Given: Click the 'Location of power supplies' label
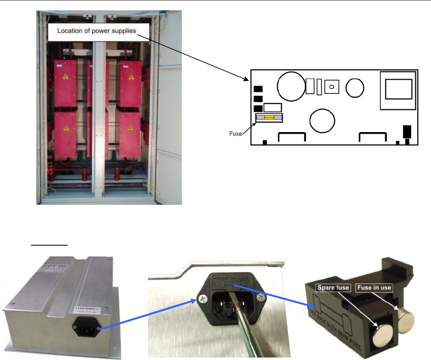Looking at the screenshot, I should (x=96, y=31).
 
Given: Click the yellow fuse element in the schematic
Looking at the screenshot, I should (x=269, y=118).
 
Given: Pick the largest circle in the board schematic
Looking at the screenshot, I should (x=290, y=87).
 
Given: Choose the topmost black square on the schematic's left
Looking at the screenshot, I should (x=258, y=89).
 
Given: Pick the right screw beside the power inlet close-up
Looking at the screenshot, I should (x=260, y=297).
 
